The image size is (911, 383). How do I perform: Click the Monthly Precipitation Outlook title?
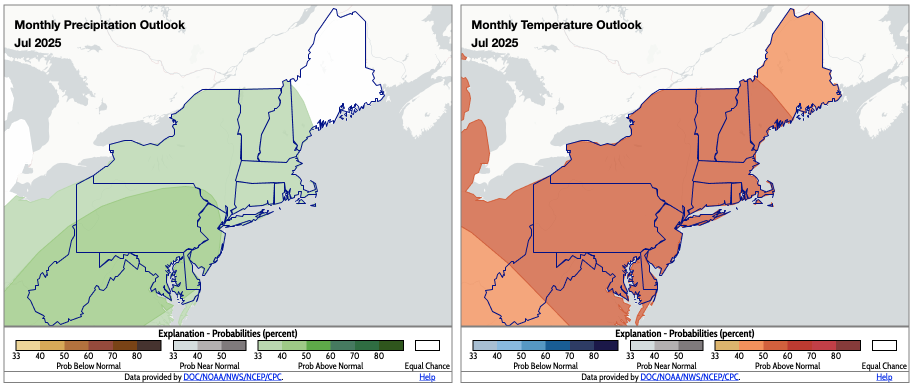coord(99,25)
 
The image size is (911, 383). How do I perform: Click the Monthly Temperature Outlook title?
coord(556,25)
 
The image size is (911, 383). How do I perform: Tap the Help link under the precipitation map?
coord(427,377)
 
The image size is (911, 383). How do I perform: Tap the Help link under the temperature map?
coord(884,377)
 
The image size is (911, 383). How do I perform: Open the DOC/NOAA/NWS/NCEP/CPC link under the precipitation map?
coord(232,377)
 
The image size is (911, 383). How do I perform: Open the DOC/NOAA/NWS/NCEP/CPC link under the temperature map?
coord(689,377)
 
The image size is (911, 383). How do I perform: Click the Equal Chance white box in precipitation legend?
coord(427,345)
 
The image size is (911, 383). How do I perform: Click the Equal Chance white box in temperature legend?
coord(884,345)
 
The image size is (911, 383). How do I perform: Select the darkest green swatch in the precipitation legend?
coord(391,345)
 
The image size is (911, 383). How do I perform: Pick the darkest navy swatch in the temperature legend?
coord(606,345)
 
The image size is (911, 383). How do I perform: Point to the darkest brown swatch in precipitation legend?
coord(149,345)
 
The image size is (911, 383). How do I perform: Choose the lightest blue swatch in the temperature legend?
coord(484,345)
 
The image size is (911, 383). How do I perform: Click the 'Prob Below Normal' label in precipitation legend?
coord(88,366)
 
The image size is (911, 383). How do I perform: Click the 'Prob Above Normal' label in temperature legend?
coord(787,366)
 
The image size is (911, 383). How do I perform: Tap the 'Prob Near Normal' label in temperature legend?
coord(666,366)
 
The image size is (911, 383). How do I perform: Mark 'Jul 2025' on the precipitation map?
coord(37,43)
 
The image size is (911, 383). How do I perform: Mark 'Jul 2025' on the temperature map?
coord(494,43)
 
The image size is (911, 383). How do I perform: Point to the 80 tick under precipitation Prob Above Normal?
coord(379,356)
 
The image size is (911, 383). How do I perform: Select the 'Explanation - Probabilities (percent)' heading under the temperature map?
coord(684,333)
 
